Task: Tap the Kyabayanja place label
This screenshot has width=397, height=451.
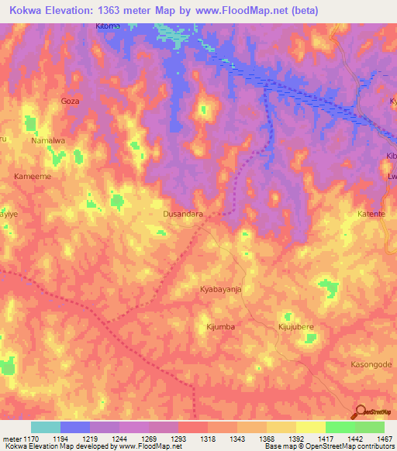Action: tap(223, 288)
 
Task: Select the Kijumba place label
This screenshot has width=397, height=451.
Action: tap(220, 327)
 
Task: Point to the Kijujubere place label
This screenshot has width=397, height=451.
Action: tap(295, 327)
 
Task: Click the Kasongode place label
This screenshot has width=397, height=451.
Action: tap(368, 363)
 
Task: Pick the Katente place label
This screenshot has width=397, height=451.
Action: tap(371, 213)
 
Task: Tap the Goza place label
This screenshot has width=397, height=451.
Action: tap(70, 101)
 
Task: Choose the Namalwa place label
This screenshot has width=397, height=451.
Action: tap(47, 141)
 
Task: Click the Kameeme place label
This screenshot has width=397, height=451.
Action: tap(33, 177)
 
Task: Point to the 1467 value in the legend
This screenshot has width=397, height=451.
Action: tap(385, 439)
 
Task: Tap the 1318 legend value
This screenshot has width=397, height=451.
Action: tap(208, 439)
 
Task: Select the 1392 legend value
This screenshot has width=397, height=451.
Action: tap(296, 439)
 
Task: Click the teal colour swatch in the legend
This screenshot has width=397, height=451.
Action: tap(46, 427)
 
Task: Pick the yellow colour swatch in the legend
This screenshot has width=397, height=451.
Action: tap(311, 427)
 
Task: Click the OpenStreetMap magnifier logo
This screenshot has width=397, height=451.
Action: tap(360, 412)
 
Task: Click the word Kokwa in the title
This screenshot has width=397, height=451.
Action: tap(26, 9)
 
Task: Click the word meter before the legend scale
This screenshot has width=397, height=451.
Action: tap(11, 439)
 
